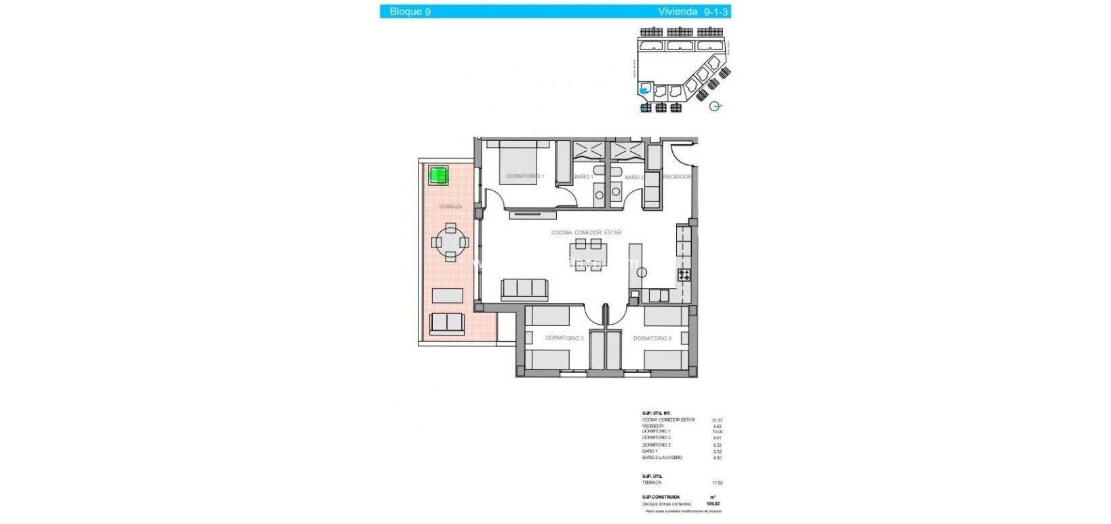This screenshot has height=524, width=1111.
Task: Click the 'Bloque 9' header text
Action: coord(410,12)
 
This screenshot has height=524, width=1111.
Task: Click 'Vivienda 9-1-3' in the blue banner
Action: coord(691,12)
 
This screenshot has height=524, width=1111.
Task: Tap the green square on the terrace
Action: coord(439,176)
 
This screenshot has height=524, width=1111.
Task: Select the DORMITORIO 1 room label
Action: coord(525,176)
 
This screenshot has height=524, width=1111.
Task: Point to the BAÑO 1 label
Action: coord(583,177)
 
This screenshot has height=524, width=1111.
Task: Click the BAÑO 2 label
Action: coord(634,178)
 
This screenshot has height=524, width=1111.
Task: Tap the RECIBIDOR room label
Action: coord(677,177)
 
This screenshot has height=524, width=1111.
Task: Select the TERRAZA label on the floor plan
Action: coord(450,207)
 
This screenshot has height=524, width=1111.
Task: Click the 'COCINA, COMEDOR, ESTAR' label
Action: coord(586,233)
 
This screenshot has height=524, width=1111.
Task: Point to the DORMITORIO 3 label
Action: coord(564,338)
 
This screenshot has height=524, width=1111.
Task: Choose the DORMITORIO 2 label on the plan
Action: coord(652,338)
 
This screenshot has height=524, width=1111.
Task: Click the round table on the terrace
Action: coord(450,242)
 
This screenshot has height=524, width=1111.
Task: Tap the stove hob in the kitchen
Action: coord(684,275)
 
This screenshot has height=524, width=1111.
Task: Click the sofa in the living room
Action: coord(524,289)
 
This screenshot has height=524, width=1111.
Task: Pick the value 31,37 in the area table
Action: coord(717,420)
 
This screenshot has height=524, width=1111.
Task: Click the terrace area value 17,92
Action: coord(717,483)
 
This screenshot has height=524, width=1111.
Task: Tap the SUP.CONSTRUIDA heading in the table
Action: coord(661,497)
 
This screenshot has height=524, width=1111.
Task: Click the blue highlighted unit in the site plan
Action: coord(643,90)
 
